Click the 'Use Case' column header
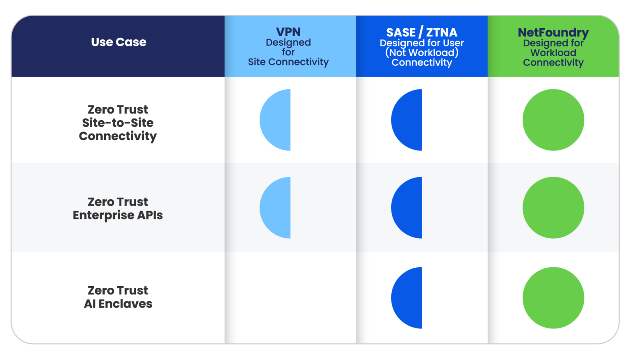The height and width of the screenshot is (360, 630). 119,42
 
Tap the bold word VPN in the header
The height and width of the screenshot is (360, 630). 288,32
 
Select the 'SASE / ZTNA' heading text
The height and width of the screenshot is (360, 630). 422,32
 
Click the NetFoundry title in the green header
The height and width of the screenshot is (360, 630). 553,32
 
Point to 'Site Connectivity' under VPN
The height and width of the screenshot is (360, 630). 288,62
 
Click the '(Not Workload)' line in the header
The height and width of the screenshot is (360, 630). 422,52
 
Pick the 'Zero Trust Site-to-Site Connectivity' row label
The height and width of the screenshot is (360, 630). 118,123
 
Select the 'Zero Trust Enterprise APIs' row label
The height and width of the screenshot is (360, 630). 118,208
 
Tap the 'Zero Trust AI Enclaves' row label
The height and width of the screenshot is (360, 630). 118,297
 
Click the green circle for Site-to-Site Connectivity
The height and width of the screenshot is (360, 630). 553,120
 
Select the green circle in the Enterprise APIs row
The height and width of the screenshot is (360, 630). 553,207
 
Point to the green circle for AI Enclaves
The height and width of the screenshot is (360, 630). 553,298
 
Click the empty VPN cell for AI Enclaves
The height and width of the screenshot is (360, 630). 290,298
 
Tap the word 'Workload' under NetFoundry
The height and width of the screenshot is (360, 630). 553,52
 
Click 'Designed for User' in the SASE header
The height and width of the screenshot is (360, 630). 422,43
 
